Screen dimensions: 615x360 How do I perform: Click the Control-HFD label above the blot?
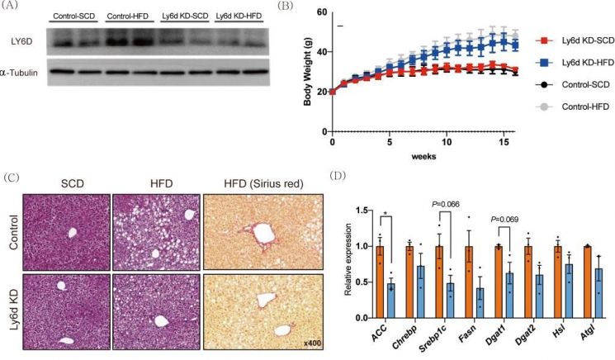click(127, 16)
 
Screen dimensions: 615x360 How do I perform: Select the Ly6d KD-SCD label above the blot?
click(185, 16)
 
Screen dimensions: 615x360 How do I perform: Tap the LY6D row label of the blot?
click(22, 41)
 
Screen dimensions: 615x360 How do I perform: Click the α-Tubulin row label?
click(19, 73)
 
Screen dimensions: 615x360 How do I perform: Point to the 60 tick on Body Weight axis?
click(322, 12)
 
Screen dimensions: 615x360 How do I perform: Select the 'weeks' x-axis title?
click(423, 157)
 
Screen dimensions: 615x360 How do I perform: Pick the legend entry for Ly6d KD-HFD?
click(575, 63)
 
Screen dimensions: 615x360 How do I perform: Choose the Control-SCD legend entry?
click(573, 85)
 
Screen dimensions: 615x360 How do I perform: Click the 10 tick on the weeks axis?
click(447, 141)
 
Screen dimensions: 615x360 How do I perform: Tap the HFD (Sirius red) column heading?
click(263, 183)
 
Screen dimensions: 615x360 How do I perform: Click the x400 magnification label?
click(312, 343)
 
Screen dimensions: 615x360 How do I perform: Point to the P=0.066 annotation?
click(445, 204)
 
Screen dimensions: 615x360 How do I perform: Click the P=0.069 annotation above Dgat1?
click(504, 219)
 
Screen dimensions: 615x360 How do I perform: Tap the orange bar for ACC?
click(380, 282)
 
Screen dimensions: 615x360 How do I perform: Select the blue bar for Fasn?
click(480, 303)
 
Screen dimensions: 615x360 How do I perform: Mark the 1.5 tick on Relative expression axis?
click(362, 211)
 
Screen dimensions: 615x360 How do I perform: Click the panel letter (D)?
click(338, 175)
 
